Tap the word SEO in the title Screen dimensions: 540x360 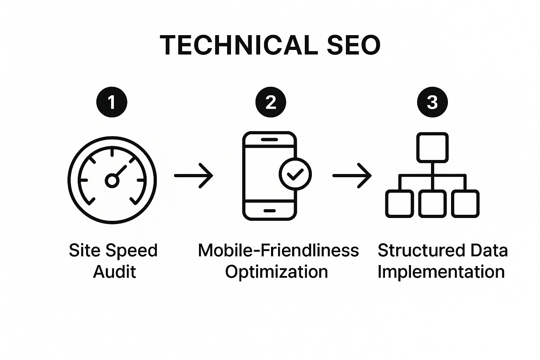click(x=354, y=45)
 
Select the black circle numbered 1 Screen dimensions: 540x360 click(x=111, y=102)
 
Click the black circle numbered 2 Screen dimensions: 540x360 click(x=271, y=102)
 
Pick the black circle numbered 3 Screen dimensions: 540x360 click(x=432, y=102)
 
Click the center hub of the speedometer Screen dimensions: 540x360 click(x=112, y=180)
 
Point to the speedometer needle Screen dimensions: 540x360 click(x=121, y=171)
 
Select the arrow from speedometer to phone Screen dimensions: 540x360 click(x=194, y=175)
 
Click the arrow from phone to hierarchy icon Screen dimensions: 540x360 click(x=352, y=175)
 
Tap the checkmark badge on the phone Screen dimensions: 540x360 click(x=295, y=174)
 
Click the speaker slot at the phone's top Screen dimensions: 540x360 click(x=270, y=140)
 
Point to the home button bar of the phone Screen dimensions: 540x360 click(x=270, y=211)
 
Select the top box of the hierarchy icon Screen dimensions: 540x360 click(x=432, y=147)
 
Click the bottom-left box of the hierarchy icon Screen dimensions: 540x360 click(x=399, y=204)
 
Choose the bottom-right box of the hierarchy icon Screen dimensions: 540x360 click(x=465, y=204)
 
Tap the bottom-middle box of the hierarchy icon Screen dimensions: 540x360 click(x=432, y=204)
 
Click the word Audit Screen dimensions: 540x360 click(x=115, y=271)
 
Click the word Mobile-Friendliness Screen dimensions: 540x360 click(x=278, y=250)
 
